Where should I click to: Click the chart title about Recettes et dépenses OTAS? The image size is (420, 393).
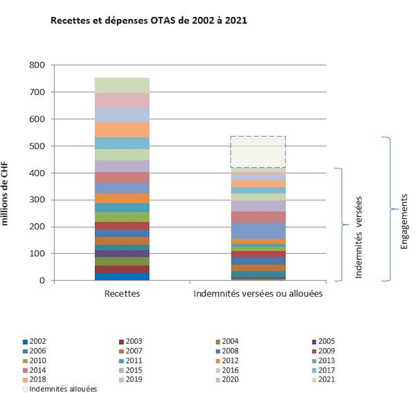click(148, 21)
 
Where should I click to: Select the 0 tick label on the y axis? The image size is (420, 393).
click(47, 281)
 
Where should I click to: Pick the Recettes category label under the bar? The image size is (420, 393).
click(122, 294)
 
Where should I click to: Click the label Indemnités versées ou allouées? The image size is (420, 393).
click(258, 294)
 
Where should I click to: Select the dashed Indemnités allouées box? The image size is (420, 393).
click(258, 152)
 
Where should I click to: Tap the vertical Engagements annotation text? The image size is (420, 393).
click(404, 222)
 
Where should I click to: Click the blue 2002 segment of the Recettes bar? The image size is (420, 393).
click(122, 277)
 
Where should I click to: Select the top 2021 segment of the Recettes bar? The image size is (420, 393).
click(122, 85)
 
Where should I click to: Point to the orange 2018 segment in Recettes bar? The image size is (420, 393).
click(122, 129)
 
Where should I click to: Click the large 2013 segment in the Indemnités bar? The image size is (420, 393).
click(258, 230)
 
